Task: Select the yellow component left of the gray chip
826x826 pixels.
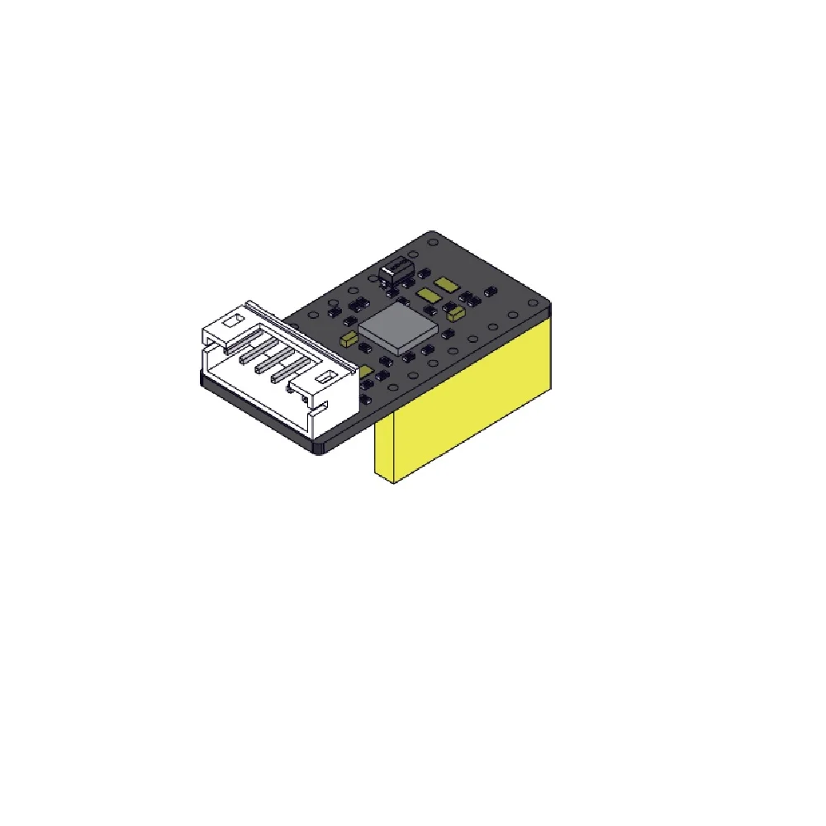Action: point(348,337)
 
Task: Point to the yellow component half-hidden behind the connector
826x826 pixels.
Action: point(364,373)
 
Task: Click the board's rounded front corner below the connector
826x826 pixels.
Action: point(320,446)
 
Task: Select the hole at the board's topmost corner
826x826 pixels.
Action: point(431,242)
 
